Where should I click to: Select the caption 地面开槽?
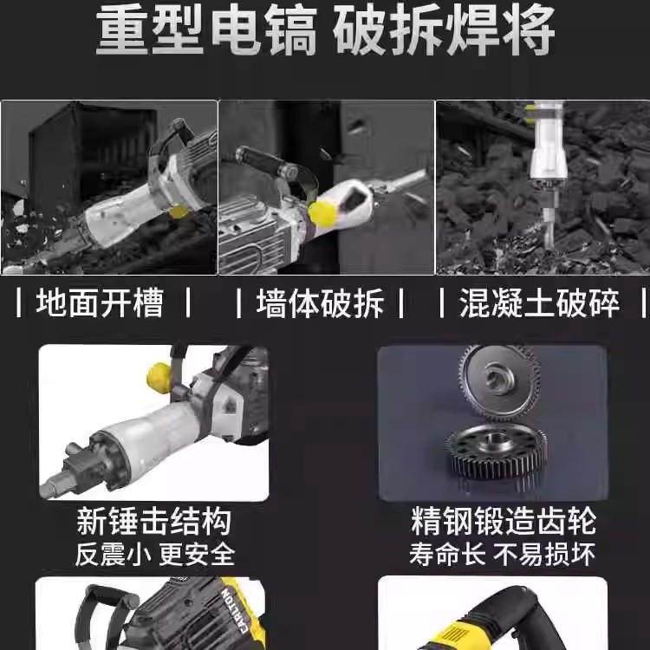click(x=100, y=304)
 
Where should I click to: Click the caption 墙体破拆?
click(x=320, y=304)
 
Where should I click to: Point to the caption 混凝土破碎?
click(x=540, y=304)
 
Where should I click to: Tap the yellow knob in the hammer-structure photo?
click(x=159, y=376)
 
